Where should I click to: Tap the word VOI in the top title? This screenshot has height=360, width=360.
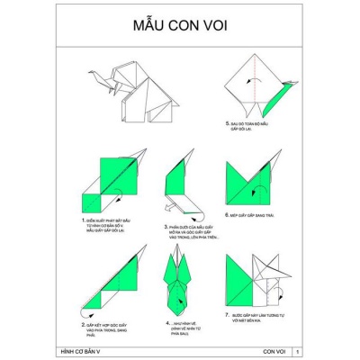212,24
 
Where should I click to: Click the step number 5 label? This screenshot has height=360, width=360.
227,123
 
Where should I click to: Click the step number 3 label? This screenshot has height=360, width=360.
166,228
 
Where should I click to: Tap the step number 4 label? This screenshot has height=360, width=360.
166,321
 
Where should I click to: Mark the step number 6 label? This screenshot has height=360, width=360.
227,216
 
